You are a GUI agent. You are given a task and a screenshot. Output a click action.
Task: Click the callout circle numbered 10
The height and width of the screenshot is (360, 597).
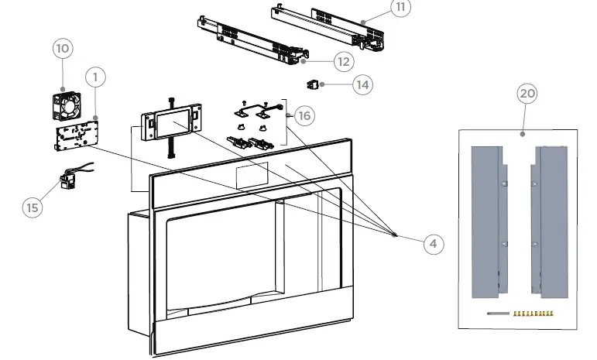pyautogui.click(x=63, y=48)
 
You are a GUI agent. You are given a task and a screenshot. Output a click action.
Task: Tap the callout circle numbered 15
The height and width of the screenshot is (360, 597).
pyautogui.click(x=33, y=207)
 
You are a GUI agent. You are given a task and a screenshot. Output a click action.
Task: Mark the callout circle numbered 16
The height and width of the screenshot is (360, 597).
pyautogui.click(x=304, y=115)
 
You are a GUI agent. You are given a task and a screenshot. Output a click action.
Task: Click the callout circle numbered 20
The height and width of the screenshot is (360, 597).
pyautogui.click(x=527, y=94)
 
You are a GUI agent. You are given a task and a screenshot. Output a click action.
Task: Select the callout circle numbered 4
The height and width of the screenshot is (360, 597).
pyautogui.click(x=434, y=243)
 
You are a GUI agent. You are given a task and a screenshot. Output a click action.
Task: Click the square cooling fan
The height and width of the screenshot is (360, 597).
pyautogui.click(x=67, y=103)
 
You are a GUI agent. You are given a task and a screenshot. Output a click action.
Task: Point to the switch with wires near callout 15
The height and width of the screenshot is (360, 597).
pyautogui.click(x=67, y=181)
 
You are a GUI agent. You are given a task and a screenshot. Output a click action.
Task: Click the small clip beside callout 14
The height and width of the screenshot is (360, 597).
pyautogui.click(x=314, y=83)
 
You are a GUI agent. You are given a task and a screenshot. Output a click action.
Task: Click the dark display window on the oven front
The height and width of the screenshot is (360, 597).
pyautogui.click(x=249, y=176)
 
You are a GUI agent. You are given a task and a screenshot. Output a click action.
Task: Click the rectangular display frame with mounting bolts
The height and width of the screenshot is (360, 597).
pyautogui.click(x=171, y=123)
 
